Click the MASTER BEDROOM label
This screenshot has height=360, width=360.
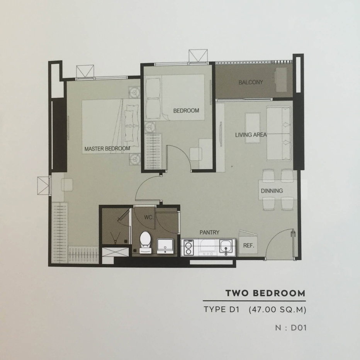pos(107,149)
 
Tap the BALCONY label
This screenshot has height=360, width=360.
pos(251,82)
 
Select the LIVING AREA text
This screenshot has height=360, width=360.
pos(251,135)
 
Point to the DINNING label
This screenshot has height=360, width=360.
pos(272,191)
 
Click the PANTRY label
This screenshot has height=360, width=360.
pos(209,233)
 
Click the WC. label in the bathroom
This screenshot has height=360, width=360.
pos(149,217)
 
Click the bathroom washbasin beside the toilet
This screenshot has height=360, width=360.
pos(165,246)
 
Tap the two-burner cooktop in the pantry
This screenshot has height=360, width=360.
pos(188,248)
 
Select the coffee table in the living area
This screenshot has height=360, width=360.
pos(253,128)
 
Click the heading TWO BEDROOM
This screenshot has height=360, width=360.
pos(265,293)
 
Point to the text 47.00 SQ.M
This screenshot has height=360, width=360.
pos(278,310)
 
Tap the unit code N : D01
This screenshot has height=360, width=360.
pos(291,328)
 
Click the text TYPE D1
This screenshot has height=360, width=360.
pos(222,309)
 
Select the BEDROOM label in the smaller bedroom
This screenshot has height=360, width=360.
pos(186,110)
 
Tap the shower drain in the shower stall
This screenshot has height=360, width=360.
pos(126,241)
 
